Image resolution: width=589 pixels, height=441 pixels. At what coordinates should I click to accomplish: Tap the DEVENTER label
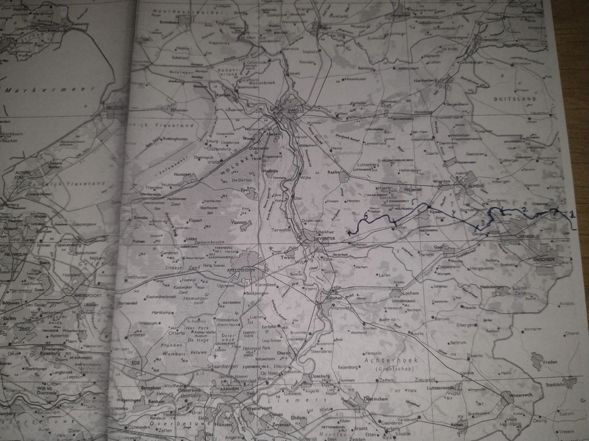point(317,239)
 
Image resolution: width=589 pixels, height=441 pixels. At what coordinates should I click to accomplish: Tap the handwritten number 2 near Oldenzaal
point(525,210)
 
